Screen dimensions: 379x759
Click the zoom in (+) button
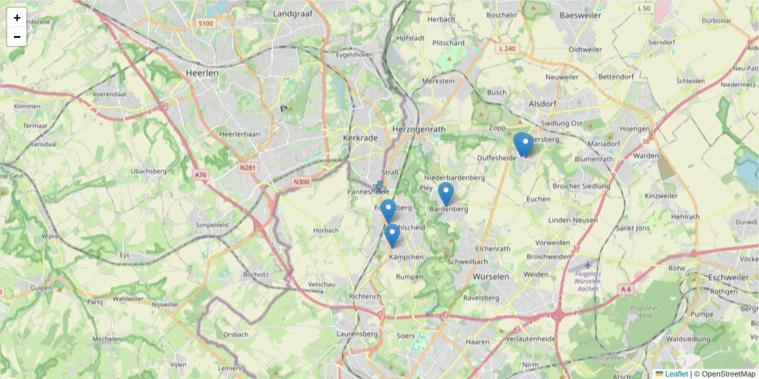point(16,18)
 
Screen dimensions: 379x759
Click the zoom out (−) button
point(16,37)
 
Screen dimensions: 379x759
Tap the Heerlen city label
point(202,73)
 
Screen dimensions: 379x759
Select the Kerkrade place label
point(359,138)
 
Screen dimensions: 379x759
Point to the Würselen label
point(491,277)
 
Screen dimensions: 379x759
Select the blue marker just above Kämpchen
point(392,236)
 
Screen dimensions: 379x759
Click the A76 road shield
point(201,174)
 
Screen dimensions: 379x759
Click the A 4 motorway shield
point(626,289)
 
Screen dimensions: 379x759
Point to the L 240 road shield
point(507,48)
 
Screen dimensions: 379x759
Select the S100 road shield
point(206,23)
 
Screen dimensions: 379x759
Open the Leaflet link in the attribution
point(676,374)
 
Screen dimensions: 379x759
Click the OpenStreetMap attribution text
point(728,374)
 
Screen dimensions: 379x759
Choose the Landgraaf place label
point(294,13)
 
